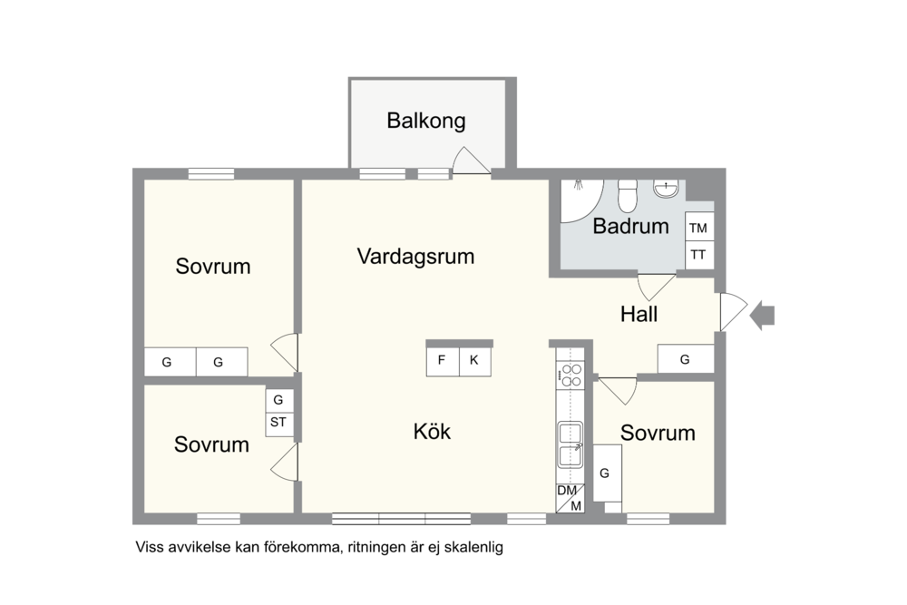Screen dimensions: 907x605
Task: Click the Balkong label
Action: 425,121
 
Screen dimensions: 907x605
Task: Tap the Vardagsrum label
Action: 415,256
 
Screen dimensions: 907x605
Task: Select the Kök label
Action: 432,432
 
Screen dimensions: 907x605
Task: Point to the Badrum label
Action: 630,226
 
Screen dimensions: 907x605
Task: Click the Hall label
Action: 639,314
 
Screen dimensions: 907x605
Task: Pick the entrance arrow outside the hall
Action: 762,316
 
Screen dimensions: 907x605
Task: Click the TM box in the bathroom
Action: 698,227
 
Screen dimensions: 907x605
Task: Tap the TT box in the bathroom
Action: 698,255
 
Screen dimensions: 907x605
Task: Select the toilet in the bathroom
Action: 627,196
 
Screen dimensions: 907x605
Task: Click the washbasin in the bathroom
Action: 666,189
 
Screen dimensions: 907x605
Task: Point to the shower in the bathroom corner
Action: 581,200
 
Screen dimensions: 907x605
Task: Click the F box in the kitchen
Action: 443,361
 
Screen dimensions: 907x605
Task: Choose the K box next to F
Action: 475,361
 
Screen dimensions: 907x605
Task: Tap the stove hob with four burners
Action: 571,375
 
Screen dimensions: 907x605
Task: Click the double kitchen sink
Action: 571,444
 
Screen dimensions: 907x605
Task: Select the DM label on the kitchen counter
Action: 566,491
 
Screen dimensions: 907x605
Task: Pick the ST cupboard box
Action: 278,422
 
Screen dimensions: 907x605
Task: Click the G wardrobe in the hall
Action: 686,359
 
